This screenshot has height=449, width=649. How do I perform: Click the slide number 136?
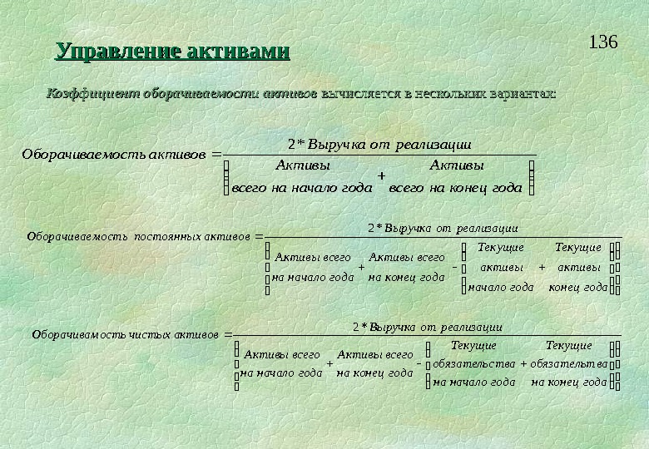[x=603, y=42]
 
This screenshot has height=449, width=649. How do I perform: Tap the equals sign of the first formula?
[x=217, y=153]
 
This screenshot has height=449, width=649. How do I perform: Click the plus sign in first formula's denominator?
[x=381, y=176]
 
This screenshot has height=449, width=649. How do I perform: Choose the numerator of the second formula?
[x=443, y=227]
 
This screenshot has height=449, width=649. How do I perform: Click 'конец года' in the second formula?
[x=577, y=287]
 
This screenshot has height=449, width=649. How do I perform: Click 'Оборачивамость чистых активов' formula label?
[x=126, y=334]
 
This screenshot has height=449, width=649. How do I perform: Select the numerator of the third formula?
[x=427, y=326]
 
